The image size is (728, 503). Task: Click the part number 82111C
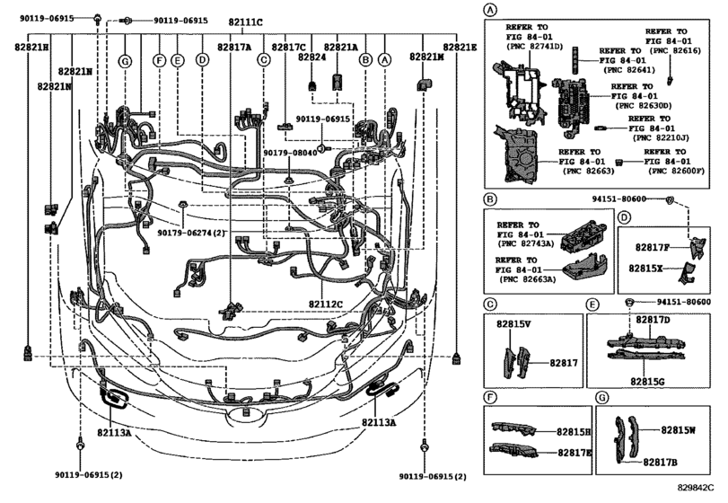[246, 21]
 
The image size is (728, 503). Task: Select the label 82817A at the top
[234, 47]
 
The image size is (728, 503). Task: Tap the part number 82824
[311, 57]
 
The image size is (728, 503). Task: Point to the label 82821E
[460, 47]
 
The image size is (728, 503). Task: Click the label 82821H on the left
[31, 47]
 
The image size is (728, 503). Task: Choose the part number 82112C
[326, 304]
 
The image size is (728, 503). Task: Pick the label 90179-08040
[290, 153]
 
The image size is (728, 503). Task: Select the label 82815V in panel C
[515, 322]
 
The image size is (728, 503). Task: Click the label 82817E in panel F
[575, 454]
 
